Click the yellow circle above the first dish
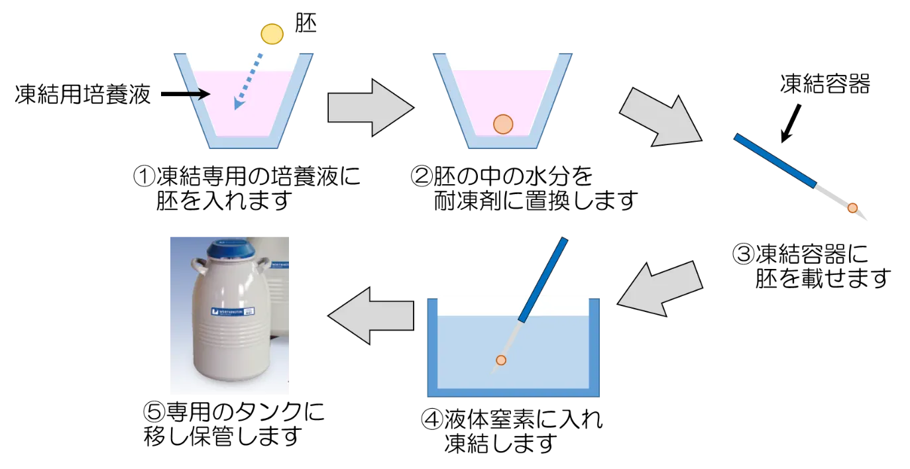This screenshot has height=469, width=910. [272, 34]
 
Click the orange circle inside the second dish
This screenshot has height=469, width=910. [503, 124]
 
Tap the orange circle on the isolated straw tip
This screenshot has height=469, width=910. [852, 208]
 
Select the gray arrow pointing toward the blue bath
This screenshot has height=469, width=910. [660, 288]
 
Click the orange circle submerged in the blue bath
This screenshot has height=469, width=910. [501, 360]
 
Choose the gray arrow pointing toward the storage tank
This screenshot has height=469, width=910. [370, 315]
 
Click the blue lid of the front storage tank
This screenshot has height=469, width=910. [229, 249]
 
